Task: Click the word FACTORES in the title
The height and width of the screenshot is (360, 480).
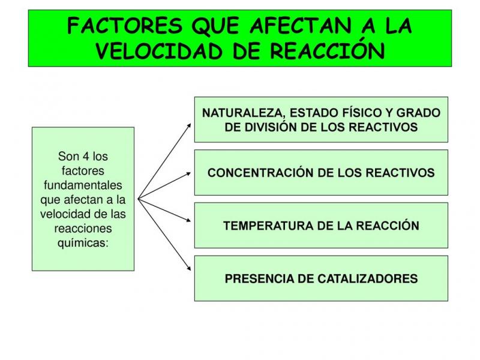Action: [x=125, y=26]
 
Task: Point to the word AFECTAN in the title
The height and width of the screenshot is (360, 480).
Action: [x=300, y=26]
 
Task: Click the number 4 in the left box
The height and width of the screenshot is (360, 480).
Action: [x=86, y=157]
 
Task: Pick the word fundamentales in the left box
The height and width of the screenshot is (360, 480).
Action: [x=83, y=185]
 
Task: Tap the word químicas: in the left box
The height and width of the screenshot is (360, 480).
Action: [x=83, y=243]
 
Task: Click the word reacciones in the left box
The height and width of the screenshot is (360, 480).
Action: [x=83, y=229]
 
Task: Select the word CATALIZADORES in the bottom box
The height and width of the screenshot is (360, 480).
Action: [x=367, y=279]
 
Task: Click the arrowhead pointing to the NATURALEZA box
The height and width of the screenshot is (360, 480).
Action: [x=189, y=125]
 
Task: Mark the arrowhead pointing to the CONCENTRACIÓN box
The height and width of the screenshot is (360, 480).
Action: [x=188, y=174]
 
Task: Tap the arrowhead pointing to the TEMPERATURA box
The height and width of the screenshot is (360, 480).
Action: [x=188, y=220]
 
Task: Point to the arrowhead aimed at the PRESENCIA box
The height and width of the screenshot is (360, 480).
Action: [x=189, y=268]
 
